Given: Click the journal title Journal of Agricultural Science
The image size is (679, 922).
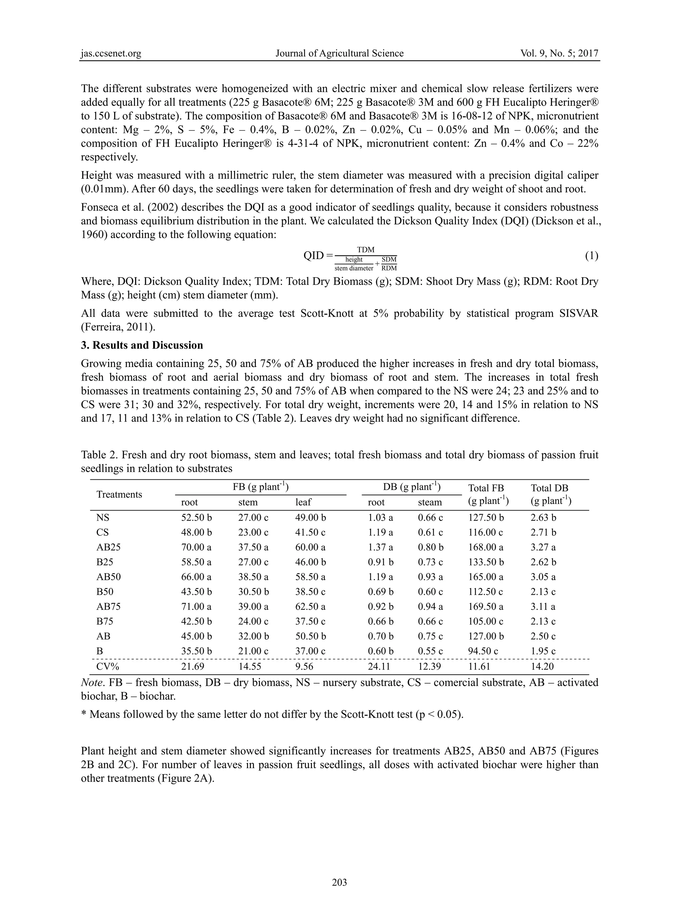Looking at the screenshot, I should [339, 53].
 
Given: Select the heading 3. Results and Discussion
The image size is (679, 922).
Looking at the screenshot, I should [142, 345].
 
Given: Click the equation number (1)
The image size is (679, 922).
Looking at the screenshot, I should [591, 256].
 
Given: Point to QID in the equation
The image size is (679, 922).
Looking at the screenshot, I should [314, 256].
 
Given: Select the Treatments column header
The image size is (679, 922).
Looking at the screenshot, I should [119, 495].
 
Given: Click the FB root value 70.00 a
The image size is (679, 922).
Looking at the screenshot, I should [197, 547].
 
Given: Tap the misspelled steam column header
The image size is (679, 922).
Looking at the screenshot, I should [430, 502].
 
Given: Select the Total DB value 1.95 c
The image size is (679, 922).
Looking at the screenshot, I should [543, 651].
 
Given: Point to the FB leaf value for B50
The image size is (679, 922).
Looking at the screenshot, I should [310, 592].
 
